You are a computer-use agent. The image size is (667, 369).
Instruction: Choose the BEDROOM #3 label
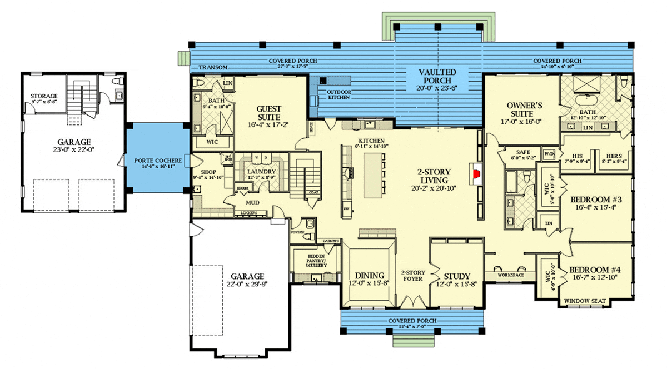tap(595, 198)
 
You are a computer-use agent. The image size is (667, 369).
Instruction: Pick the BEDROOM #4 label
tap(595, 270)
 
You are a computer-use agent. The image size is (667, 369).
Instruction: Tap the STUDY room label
tap(457, 276)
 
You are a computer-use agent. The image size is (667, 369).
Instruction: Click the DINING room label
tap(369, 276)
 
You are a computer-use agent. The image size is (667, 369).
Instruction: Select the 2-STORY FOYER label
tap(413, 276)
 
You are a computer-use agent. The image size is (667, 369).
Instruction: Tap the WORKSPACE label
tap(510, 275)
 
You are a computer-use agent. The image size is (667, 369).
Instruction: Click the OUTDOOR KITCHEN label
tap(338, 94)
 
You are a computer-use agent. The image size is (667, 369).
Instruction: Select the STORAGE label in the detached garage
tap(44, 96)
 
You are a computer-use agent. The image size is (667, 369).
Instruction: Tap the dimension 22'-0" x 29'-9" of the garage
tap(245, 285)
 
